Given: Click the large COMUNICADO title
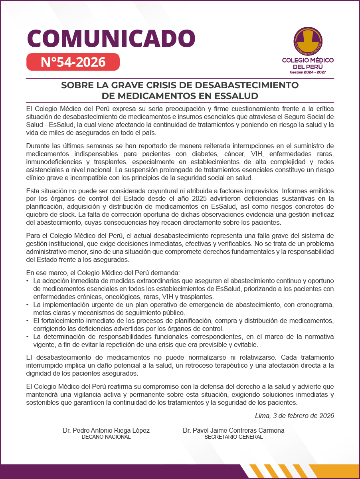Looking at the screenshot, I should click(x=111, y=38).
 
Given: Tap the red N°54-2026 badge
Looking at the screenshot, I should click(x=73, y=62).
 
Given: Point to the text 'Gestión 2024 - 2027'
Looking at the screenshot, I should click(x=308, y=72).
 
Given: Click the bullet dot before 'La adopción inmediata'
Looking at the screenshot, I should click(x=28, y=281).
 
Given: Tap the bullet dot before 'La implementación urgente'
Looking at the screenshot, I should click(x=28, y=305).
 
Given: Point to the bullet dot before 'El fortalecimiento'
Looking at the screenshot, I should click(x=28, y=321).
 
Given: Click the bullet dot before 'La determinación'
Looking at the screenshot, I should click(x=28, y=337).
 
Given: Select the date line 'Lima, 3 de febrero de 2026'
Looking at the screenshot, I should click(x=294, y=416).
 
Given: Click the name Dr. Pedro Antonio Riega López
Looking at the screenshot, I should click(x=106, y=430).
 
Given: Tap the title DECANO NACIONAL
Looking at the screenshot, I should click(x=106, y=437).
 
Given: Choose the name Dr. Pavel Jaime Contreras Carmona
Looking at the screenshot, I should click(x=233, y=430).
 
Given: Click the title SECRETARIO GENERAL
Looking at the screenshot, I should click(x=233, y=437).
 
